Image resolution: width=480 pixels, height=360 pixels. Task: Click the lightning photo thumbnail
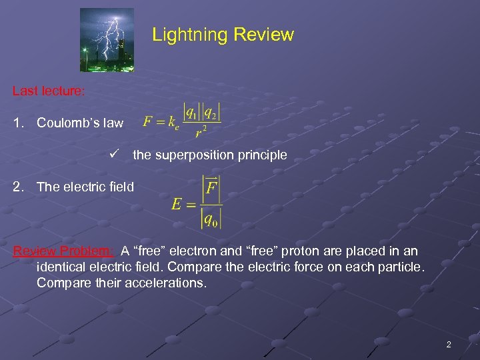click(x=107, y=39)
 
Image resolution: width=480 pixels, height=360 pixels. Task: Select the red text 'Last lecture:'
click(x=48, y=91)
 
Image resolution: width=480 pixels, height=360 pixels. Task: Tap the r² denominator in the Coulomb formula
click(x=200, y=132)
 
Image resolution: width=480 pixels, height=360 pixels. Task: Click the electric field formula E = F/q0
click(x=197, y=201)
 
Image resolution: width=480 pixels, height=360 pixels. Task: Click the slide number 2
click(x=448, y=345)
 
